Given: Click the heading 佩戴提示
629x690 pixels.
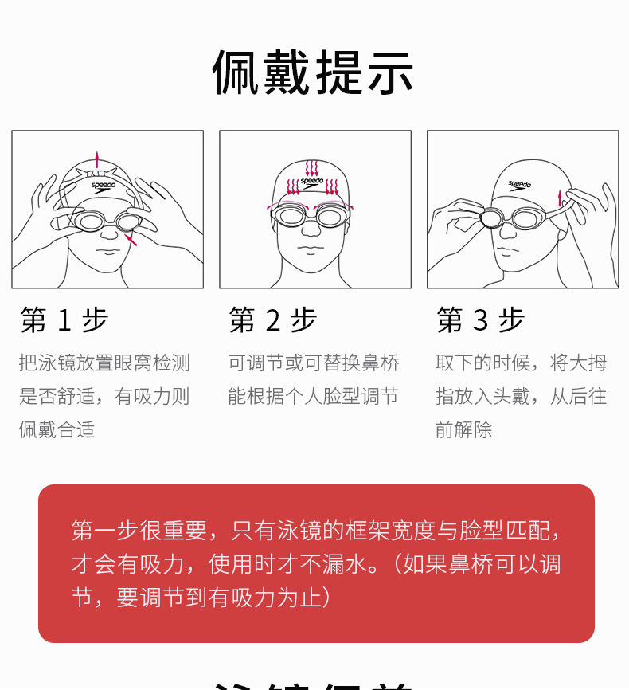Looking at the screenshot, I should coord(313,73).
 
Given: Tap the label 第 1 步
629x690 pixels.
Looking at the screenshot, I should coord(64,320).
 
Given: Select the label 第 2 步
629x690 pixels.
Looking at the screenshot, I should coord(272,320).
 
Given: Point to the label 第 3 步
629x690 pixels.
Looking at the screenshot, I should coord(480,320).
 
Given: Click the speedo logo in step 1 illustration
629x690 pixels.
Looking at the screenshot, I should coord(103,185).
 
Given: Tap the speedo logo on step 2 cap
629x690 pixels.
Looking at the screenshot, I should coord(313,182).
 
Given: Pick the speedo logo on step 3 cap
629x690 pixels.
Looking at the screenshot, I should coord(519,185).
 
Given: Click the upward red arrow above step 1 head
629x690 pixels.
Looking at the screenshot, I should coord(97,157).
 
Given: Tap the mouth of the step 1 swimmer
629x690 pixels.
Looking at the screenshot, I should coord(106,257).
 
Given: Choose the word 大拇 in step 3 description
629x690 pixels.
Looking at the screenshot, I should coord(588,363).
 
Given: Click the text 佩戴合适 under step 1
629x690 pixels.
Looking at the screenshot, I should coord(57,430).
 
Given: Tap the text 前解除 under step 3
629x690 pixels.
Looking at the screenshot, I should coord(464,430).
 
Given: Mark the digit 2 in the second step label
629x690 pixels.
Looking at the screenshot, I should coord(272,320).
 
